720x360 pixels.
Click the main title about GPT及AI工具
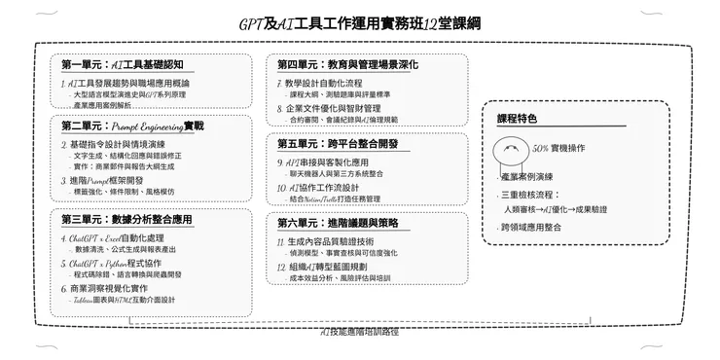pos(360,21)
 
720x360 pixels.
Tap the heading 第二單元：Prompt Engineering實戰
pos(132,126)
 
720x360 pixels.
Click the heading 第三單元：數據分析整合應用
pos(126,218)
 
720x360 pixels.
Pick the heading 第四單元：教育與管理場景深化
pos(347,64)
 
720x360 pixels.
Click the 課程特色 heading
pos(517,119)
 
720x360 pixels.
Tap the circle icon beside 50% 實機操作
pos(513,149)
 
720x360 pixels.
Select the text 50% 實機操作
pos(558,148)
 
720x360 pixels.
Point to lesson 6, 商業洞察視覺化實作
pos(114,288)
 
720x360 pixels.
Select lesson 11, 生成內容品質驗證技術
pos(325,240)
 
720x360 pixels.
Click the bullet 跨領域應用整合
pos(531,227)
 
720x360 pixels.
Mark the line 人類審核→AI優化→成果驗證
pos(556,209)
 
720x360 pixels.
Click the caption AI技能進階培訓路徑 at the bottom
pos(360,332)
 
